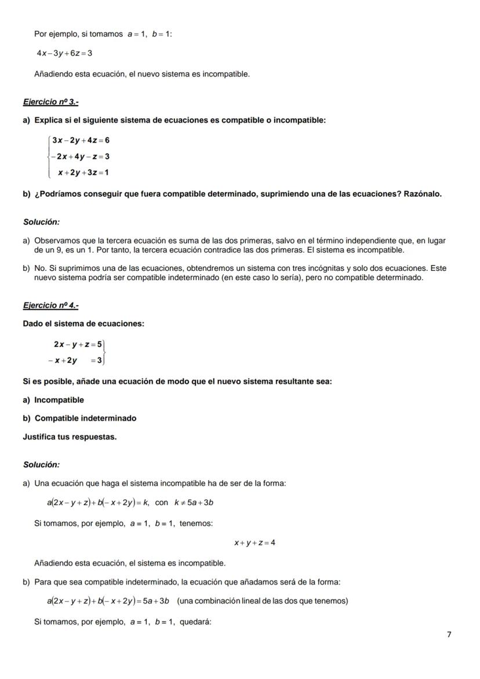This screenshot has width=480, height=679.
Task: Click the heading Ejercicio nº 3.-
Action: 50,101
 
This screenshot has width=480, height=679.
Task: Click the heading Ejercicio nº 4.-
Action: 50,305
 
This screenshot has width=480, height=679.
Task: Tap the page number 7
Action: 449,634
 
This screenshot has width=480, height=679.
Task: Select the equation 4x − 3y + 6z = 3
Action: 64,53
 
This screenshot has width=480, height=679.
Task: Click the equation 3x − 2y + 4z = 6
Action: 81,140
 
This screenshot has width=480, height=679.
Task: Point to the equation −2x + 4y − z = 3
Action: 80,157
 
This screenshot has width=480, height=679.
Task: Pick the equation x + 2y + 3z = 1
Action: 83,172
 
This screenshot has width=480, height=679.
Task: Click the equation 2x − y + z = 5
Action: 78,344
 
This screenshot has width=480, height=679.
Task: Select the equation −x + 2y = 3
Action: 75,361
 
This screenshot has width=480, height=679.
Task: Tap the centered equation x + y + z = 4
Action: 254,543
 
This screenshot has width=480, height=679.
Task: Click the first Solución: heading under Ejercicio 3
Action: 41,222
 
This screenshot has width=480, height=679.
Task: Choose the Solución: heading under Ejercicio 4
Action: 41,464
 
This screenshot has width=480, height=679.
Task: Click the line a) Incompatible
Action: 53,400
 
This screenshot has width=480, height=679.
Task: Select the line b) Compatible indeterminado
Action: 79,418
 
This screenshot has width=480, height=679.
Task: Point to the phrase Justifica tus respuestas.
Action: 70,437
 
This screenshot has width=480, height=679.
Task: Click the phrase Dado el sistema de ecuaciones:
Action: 83,324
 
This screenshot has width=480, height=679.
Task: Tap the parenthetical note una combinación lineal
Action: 263,601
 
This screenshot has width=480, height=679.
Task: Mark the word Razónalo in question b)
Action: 421,194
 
